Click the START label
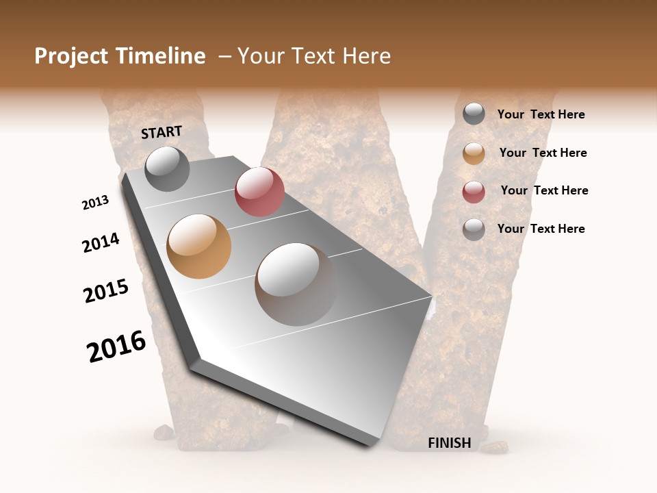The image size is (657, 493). click(162, 132)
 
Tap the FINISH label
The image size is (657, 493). click(449, 443)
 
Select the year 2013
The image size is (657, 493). click(95, 203)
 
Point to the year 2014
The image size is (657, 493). click(101, 243)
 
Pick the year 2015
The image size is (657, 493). click(106, 291)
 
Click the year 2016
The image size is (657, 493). click(116, 346)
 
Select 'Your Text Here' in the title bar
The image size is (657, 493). click(314, 56)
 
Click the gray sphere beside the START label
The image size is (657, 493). click(167, 168)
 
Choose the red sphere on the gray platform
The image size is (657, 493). click(259, 192)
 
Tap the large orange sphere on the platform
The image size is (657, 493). click(199, 246)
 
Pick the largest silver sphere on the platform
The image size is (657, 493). click(296, 284)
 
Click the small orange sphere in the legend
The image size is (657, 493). click(474, 153)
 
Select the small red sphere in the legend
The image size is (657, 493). click(474, 192)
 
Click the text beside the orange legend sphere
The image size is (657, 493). click(543, 153)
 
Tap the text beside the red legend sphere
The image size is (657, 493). click(544, 190)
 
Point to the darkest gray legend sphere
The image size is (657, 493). click(474, 114)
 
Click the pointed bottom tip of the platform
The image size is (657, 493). click(370, 444)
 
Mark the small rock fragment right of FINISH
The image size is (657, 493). click(493, 448)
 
